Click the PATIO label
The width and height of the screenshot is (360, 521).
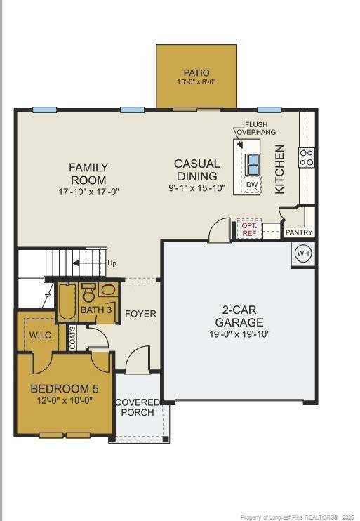[196, 73]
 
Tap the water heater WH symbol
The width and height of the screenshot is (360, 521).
[302, 253]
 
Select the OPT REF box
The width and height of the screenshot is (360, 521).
[249, 230]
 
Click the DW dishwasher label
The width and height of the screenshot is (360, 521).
[252, 185]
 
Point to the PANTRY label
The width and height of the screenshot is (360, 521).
[299, 232]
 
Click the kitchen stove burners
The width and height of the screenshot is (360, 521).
[307, 158]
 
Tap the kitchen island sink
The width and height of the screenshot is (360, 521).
[252, 164]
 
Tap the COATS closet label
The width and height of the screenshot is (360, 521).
[72, 337]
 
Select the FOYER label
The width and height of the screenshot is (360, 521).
[140, 313]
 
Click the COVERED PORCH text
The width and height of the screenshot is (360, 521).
[138, 407]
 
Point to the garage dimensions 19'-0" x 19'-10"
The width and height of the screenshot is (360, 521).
[239, 334]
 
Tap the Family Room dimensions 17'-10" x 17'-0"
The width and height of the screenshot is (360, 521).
[88, 191]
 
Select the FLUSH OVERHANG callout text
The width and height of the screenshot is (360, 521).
[255, 128]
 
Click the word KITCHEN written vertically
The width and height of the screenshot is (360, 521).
[279, 169]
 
